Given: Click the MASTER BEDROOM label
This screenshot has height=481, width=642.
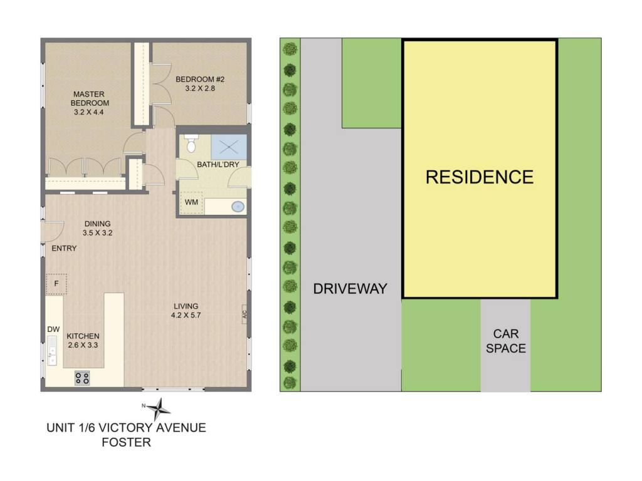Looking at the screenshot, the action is [90, 98].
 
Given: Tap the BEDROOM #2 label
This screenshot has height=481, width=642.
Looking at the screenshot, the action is [200, 80].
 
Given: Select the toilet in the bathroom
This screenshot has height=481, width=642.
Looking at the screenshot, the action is [191, 143].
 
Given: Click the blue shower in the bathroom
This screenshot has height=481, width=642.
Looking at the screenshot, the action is [229, 147].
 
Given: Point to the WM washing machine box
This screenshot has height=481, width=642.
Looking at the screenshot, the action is [192, 202].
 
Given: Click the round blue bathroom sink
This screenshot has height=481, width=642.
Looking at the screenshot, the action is [238, 207].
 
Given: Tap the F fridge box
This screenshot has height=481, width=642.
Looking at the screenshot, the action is [56, 284].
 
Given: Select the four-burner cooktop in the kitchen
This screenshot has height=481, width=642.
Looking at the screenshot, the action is [82, 378].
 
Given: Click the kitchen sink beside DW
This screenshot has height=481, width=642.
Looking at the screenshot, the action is [52, 350].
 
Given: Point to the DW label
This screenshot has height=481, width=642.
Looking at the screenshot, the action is [54, 329].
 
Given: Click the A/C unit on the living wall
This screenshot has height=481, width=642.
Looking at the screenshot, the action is [245, 314].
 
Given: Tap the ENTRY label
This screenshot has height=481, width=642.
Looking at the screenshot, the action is [65, 248].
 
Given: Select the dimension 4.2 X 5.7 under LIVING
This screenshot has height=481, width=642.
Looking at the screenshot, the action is [186, 316].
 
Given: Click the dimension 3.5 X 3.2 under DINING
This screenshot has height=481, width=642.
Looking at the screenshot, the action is [97, 233].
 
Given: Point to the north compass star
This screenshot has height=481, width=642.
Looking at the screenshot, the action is [159, 408].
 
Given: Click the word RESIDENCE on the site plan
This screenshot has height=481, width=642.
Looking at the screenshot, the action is [480, 177].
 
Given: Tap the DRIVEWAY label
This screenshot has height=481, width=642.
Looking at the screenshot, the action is [350, 289].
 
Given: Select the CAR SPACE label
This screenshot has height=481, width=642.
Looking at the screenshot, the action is [506, 341].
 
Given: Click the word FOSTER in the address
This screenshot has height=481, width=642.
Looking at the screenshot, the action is [127, 442].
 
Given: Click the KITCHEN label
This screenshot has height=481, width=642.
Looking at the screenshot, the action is [83, 336].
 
